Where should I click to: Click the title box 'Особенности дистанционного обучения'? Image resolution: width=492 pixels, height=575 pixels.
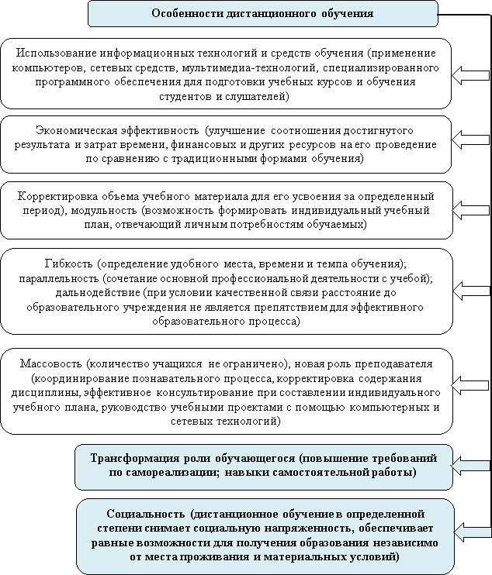click(263, 14)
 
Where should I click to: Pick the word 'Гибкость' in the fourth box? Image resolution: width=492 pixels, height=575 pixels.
click(69, 263)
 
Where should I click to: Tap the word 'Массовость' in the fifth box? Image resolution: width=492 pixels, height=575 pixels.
click(51, 363)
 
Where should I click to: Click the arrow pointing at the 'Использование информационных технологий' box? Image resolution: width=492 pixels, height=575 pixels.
click(470, 75)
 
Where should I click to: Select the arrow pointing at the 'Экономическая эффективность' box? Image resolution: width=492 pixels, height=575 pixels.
click(470, 139)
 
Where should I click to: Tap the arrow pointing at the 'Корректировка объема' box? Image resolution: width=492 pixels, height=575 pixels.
click(471, 210)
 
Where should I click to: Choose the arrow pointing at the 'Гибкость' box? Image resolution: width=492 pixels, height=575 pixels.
click(471, 291)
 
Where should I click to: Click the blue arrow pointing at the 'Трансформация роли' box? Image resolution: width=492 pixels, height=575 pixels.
click(470, 466)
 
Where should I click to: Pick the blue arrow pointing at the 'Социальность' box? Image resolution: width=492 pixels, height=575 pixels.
click(472, 531)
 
